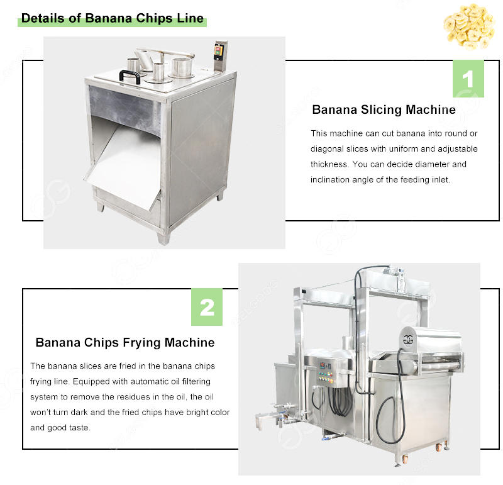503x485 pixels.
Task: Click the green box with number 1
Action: [x=468, y=79]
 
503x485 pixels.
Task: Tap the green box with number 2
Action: [x=207, y=308]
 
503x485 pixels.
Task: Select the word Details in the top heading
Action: [x=42, y=18]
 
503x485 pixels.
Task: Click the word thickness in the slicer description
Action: [x=329, y=164]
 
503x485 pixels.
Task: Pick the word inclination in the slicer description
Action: [x=333, y=180]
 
